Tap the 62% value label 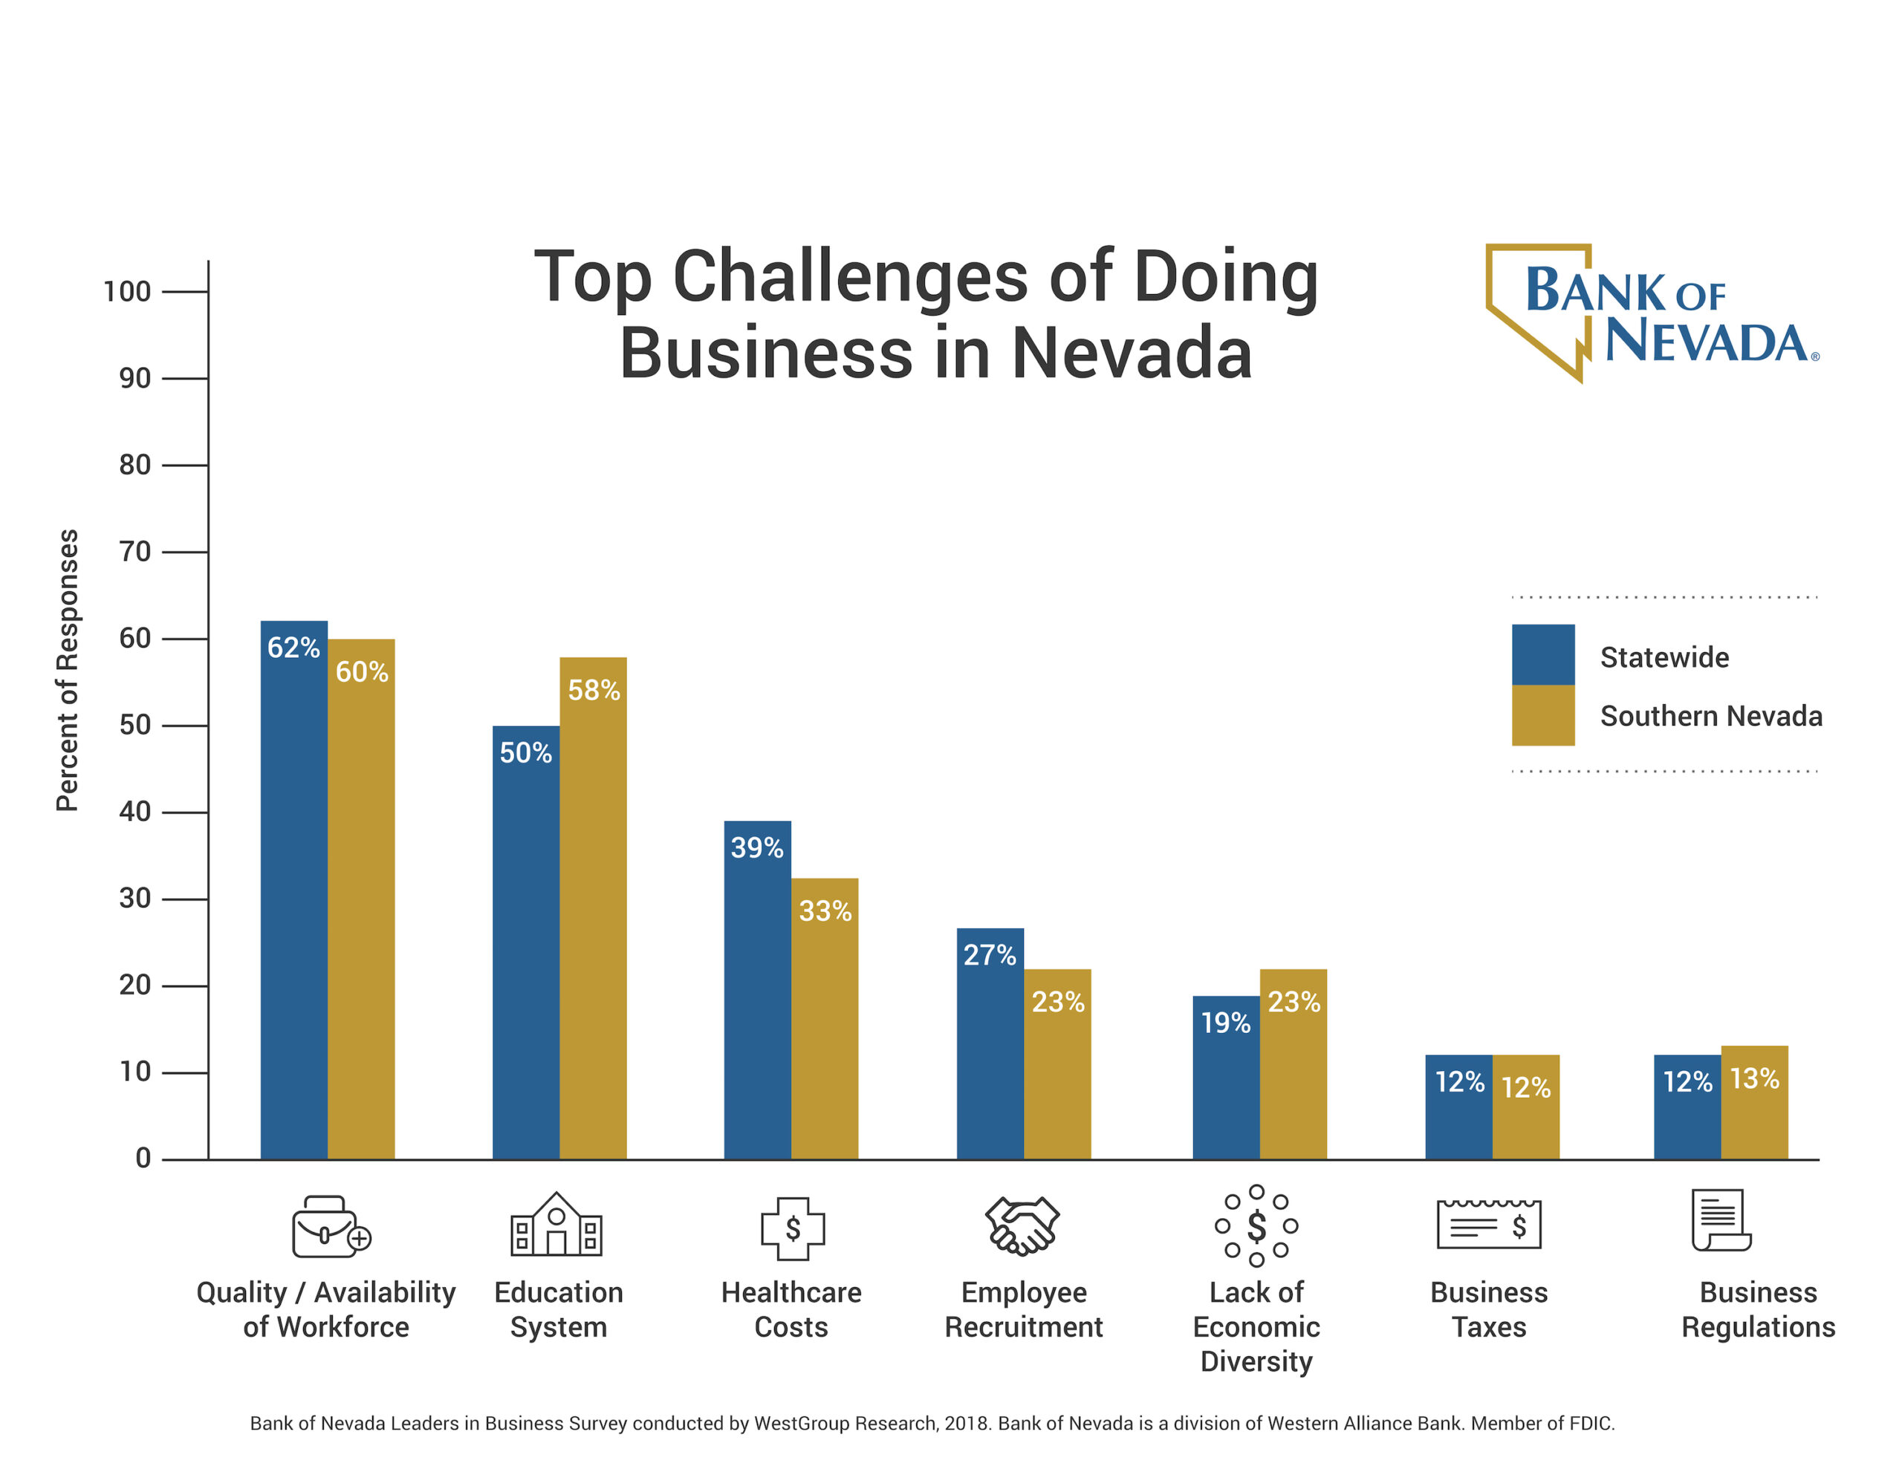pos(293,648)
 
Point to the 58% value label pos(594,691)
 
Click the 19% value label pos(1225,1023)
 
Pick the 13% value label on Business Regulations pos(1754,1079)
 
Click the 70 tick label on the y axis pos(135,551)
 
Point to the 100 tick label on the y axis pos(127,291)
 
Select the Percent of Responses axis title pos(67,670)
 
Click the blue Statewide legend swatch pos(1542,654)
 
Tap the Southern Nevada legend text pos(1710,716)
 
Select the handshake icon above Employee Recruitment pos(1022,1226)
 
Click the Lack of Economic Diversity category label pos(1256,1326)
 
